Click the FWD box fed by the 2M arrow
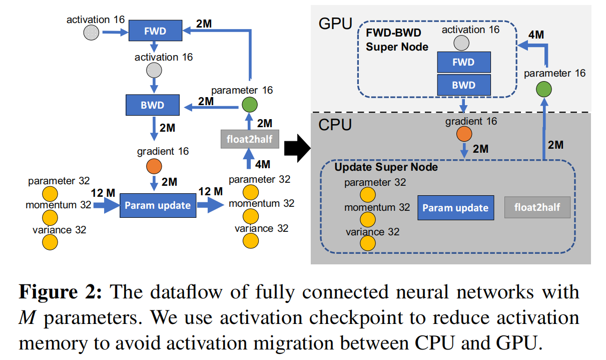[155, 31]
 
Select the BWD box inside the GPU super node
[464, 85]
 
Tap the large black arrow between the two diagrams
[297, 148]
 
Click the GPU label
[335, 24]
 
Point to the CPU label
[335, 125]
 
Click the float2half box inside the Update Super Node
[537, 207]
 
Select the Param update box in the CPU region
[455, 208]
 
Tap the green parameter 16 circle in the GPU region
[544, 89]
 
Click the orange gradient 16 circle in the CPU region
[464, 134]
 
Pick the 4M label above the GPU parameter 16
[536, 35]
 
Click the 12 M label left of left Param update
[103, 193]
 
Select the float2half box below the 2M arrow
[250, 139]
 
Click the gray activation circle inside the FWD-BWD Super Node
[461, 43]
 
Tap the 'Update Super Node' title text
[386, 167]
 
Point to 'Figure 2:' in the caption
[61, 292]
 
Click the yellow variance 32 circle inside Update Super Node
[368, 243]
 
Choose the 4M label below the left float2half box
[262, 164]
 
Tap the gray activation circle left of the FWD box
[91, 33]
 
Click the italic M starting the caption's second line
[27, 317]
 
